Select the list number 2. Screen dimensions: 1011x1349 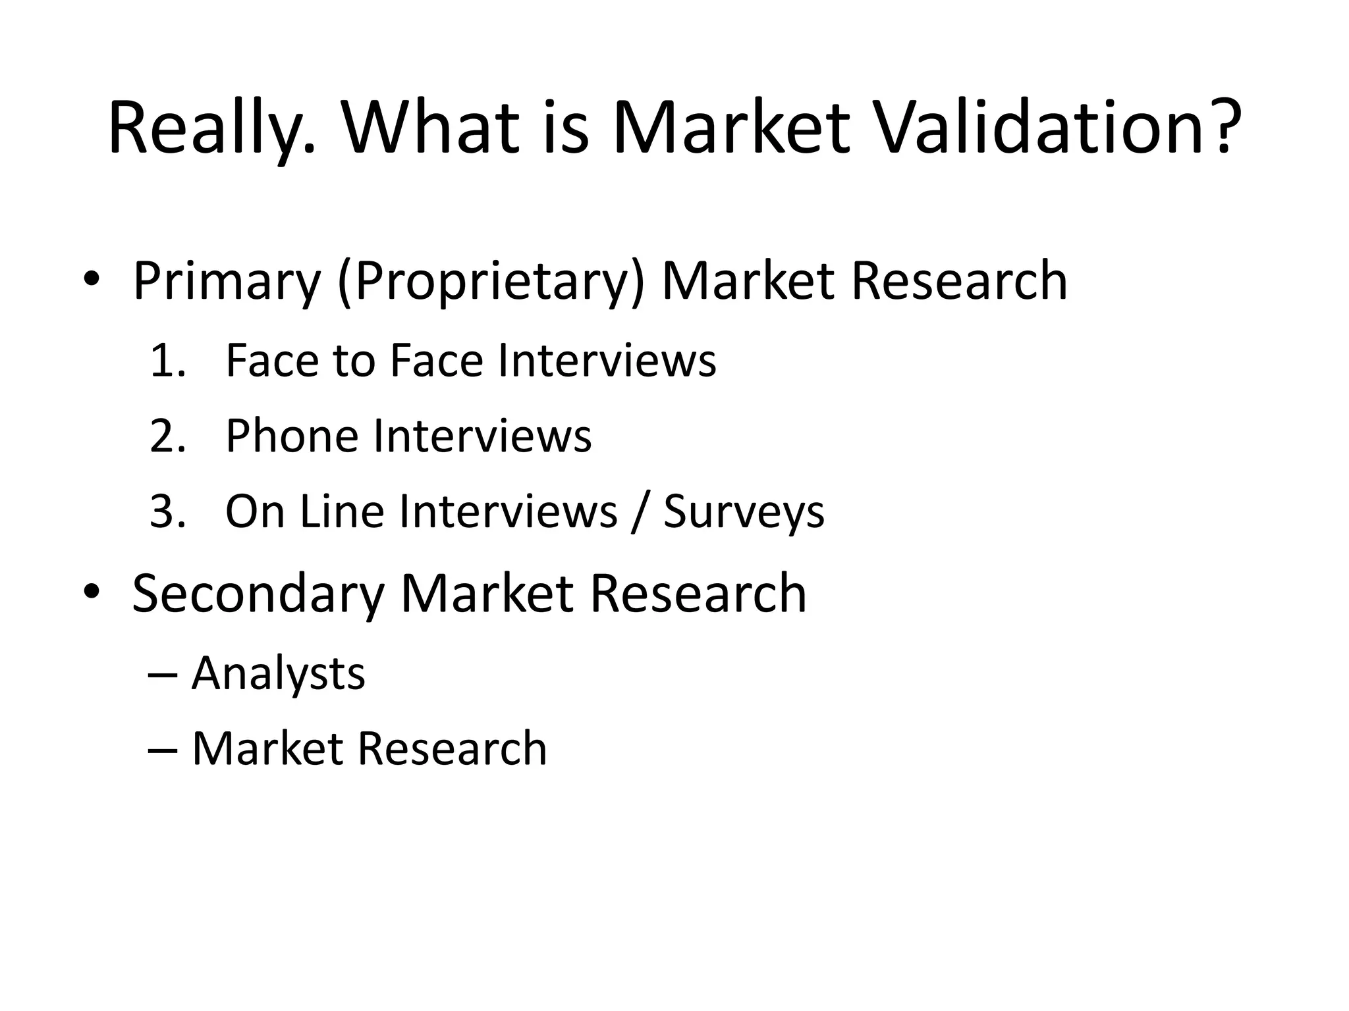click(x=166, y=436)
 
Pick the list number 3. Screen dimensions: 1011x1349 click(x=166, y=511)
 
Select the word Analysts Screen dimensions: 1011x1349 click(x=278, y=673)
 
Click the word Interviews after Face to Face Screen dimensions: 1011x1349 click(x=607, y=361)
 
